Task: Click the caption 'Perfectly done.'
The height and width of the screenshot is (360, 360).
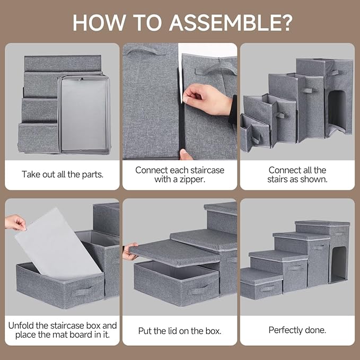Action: (297, 330)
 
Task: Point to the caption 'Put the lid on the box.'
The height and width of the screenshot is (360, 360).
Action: (180, 330)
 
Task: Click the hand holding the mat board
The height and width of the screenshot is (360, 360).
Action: (15, 222)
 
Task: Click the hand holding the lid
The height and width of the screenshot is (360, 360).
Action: (129, 251)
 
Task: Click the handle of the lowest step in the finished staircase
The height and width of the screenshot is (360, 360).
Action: (267, 288)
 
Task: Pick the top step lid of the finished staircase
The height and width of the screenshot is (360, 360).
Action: (322, 223)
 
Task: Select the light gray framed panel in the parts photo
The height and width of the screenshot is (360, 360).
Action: (84, 115)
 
